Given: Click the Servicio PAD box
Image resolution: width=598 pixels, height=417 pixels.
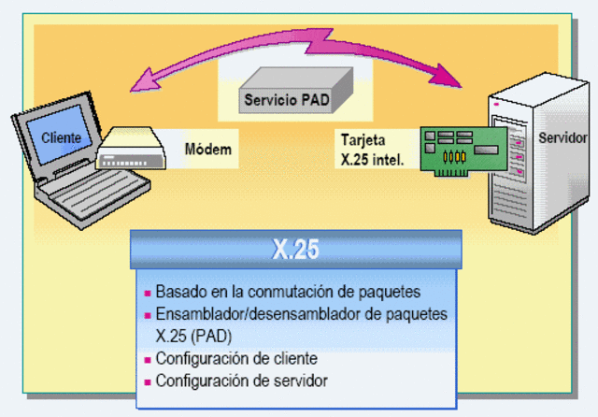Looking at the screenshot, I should point(285,97).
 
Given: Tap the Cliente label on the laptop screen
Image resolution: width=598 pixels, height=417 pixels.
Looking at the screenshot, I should point(61,139).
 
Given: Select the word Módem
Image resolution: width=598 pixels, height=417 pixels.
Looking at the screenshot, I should point(207,149).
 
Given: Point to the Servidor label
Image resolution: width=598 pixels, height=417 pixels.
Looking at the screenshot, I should point(563,138).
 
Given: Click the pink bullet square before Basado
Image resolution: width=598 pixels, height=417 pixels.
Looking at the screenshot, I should point(147,291).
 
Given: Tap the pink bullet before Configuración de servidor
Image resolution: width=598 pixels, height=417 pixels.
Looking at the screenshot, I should point(147,381).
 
